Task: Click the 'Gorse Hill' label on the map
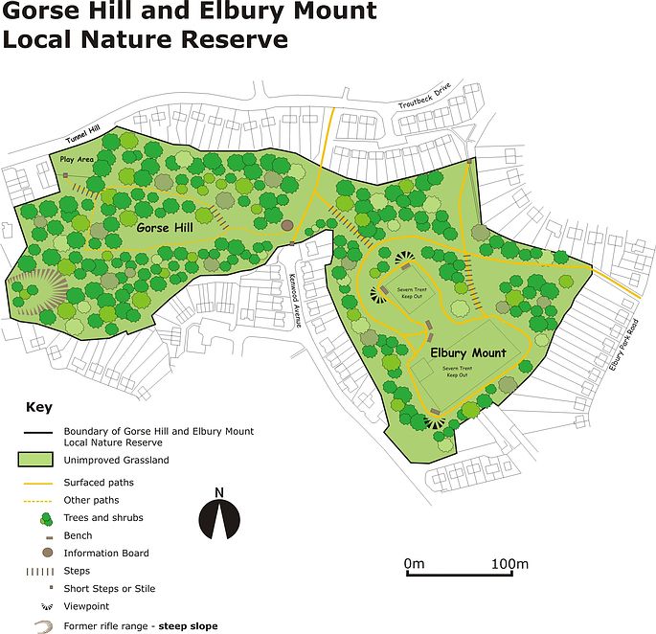click(x=168, y=229)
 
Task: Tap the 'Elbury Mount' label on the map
click(x=468, y=353)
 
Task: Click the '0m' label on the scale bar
click(x=414, y=563)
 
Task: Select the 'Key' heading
click(x=39, y=407)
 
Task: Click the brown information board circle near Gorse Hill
click(x=287, y=226)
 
